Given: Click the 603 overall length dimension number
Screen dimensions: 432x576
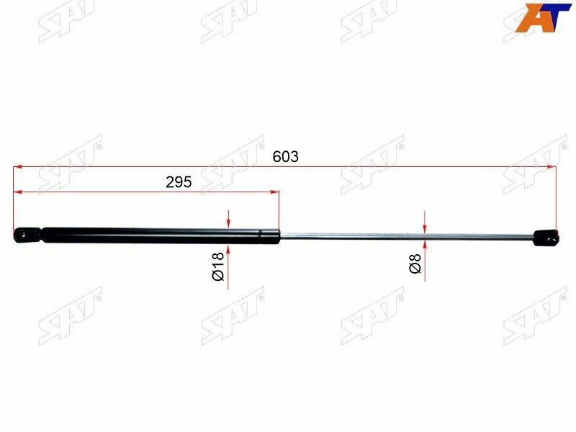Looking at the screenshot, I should coord(285,156).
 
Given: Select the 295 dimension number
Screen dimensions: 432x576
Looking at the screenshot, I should coord(179,182).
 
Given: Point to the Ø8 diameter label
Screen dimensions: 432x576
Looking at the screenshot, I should coord(415,267).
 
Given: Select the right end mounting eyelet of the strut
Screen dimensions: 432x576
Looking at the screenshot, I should coord(546,236).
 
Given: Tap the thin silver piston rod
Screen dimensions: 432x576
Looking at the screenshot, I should coord(403,235).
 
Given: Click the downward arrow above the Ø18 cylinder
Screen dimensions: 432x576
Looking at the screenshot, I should coord(228,222).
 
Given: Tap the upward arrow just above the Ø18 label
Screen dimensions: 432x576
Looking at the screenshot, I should coord(228,248).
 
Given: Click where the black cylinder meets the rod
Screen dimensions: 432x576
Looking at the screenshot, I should coord(279,234).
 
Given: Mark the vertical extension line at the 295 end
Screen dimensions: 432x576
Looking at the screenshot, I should coord(279,209).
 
